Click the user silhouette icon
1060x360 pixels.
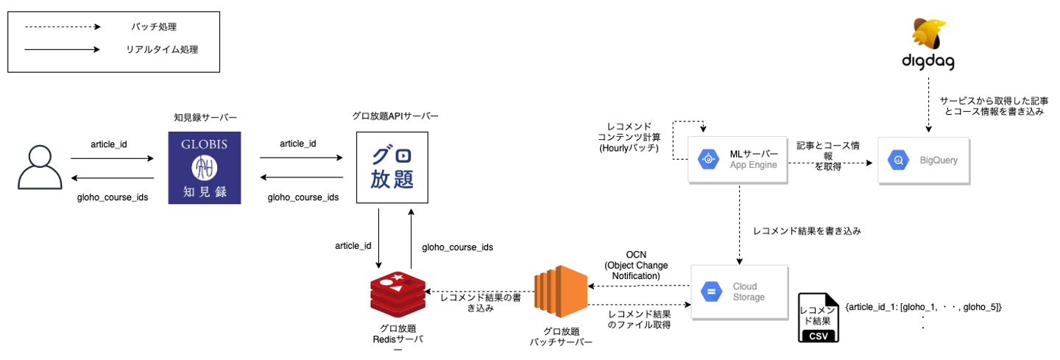[x=40, y=168]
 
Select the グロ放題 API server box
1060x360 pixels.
[x=392, y=168]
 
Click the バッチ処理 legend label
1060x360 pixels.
[x=153, y=27]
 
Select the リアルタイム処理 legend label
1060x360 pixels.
[x=162, y=50]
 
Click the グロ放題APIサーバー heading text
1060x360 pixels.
[x=395, y=116]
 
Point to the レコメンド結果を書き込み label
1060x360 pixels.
[x=807, y=230]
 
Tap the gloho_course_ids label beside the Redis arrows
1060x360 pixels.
[x=457, y=247]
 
